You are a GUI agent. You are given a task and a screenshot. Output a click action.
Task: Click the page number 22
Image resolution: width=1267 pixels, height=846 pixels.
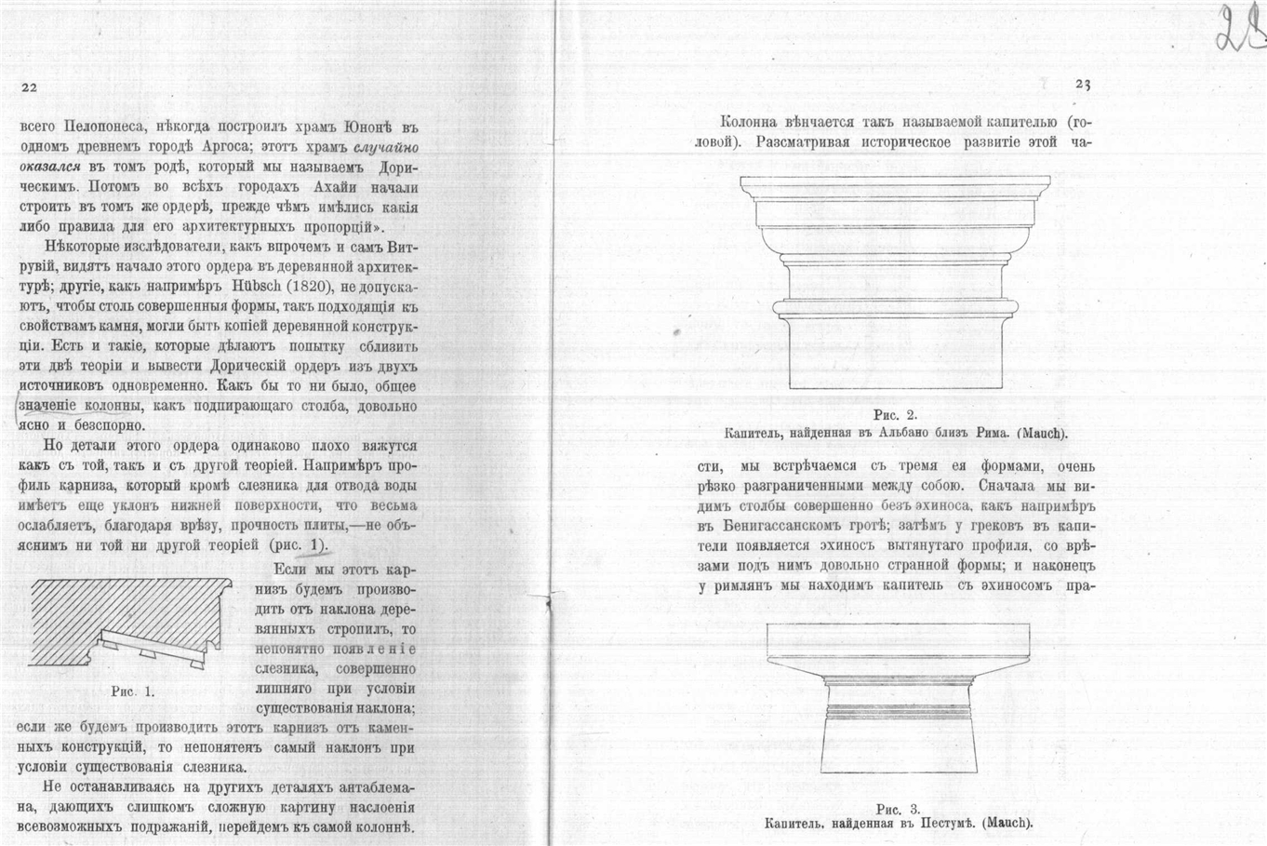tap(28, 87)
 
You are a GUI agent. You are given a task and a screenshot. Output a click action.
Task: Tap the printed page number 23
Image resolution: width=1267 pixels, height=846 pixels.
tap(1082, 85)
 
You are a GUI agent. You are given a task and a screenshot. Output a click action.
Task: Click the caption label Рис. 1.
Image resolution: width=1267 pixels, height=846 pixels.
tap(132, 692)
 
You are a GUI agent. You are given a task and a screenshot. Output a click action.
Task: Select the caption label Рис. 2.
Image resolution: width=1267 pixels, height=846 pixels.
tap(896, 415)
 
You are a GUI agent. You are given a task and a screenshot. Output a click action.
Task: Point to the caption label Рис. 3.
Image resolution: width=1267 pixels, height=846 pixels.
tap(898, 808)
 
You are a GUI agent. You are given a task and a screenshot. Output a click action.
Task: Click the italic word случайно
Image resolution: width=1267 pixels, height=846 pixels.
tap(385, 149)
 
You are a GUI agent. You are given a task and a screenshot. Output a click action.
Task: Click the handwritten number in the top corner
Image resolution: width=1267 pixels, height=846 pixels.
tap(1238, 32)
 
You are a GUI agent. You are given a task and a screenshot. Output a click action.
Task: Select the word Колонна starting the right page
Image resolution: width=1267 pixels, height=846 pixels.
tap(751, 122)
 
